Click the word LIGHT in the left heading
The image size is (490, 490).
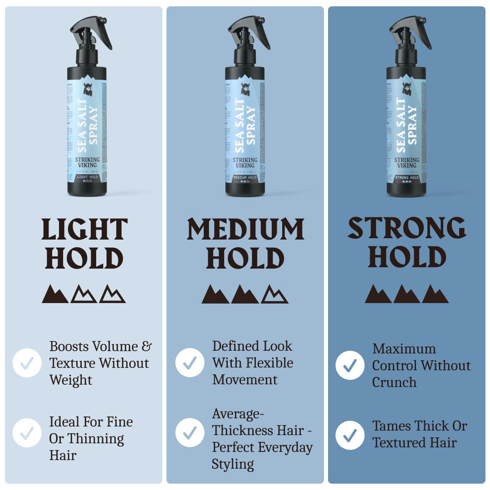point(84,230)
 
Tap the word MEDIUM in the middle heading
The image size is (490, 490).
point(245,230)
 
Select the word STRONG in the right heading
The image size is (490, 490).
point(407,228)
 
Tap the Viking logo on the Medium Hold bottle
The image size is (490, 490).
point(245,89)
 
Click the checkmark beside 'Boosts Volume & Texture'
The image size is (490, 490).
point(27,363)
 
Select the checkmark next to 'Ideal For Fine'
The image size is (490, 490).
point(27,433)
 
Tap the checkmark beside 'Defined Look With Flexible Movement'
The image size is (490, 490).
point(190,363)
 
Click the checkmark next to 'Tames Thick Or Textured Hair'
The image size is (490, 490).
point(350,435)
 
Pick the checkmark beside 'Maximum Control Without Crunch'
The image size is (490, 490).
point(350,365)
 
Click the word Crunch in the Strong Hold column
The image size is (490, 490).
point(394,382)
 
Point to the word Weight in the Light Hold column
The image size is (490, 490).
point(71,380)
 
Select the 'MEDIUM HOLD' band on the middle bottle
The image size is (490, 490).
point(245,177)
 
